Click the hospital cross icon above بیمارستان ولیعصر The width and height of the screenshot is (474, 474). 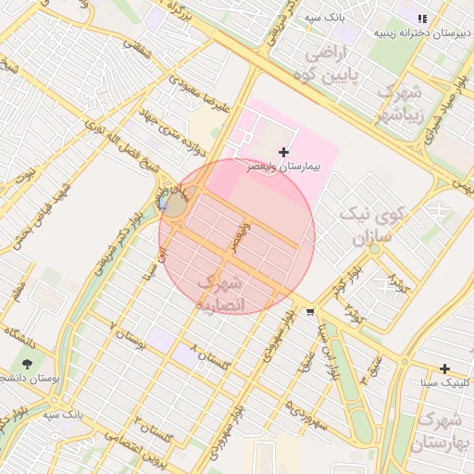[x=283, y=151]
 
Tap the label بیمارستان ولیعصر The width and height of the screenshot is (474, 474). [x=282, y=168]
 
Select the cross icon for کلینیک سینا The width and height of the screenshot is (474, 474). [x=445, y=368]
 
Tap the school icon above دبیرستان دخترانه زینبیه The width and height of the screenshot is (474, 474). [x=422, y=18]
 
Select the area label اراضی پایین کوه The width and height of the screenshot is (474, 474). [x=337, y=61]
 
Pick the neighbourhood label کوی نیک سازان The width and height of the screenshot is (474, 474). [x=368, y=226]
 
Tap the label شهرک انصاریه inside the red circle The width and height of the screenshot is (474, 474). [x=222, y=292]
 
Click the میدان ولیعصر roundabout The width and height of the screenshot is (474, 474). [x=173, y=201]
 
